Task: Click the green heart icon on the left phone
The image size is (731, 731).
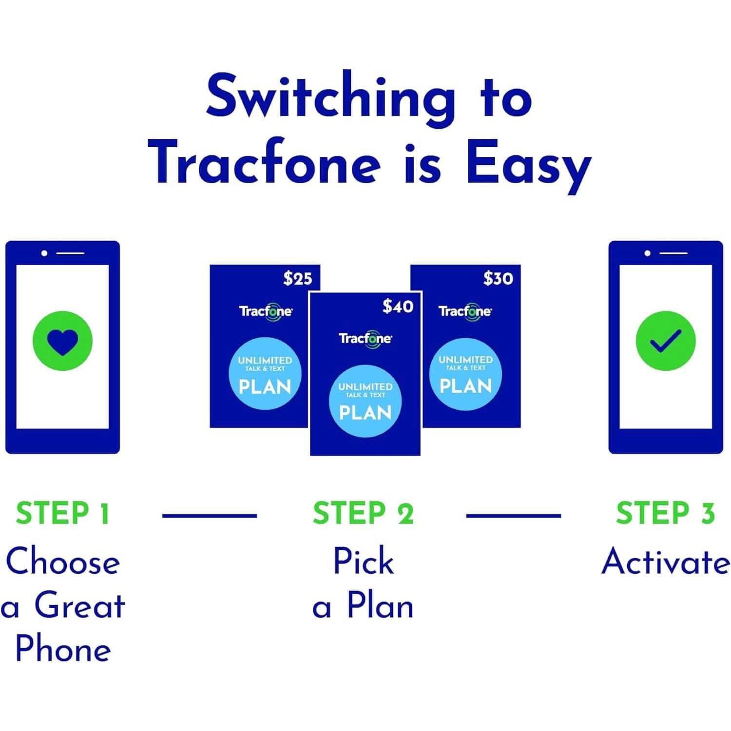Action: point(62,341)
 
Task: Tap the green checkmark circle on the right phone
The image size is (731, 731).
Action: point(666,341)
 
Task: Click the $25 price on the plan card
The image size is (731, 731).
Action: point(297,278)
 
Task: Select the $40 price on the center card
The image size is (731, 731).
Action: point(398,306)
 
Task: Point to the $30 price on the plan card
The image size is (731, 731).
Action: point(498,278)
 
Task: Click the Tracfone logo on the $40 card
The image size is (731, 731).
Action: point(365,338)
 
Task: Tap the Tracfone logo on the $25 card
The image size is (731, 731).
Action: point(266,311)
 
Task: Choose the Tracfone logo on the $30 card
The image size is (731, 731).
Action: point(465,311)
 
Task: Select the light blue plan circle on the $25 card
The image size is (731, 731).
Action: point(265,374)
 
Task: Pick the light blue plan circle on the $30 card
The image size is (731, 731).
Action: point(465,374)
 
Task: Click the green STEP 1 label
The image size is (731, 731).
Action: point(63,513)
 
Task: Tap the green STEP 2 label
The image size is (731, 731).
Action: point(363,514)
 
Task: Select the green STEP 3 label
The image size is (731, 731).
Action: point(665,513)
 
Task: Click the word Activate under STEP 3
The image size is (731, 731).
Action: point(665,561)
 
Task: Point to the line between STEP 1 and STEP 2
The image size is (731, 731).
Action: point(210,515)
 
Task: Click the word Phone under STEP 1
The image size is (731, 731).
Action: point(63,649)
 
